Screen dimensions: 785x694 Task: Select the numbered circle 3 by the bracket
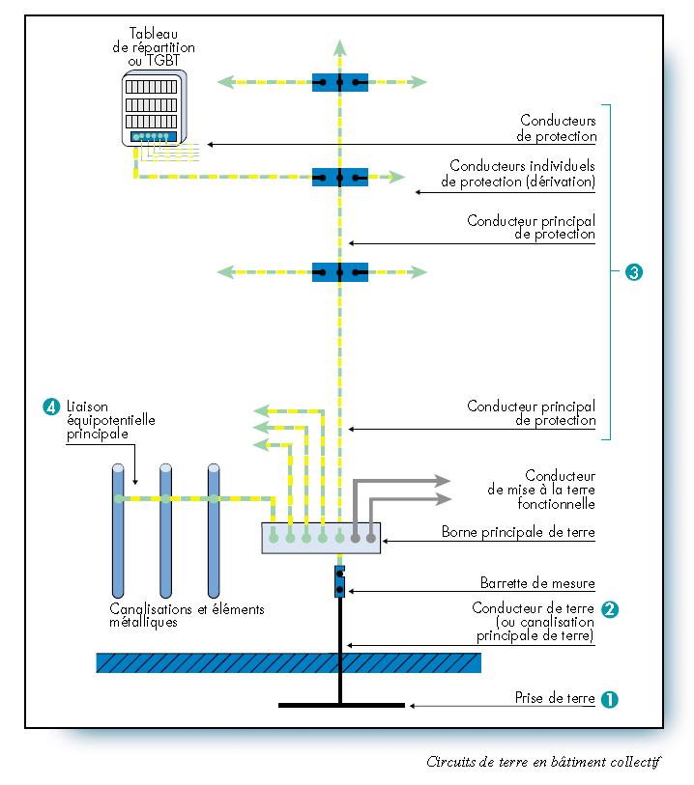pyautogui.click(x=634, y=272)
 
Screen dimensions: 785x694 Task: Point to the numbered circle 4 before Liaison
pyautogui.click(x=51, y=407)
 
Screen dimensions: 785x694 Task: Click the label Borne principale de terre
pyautogui.click(x=518, y=532)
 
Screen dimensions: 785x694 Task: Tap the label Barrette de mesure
pyautogui.click(x=537, y=583)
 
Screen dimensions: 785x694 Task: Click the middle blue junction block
pyautogui.click(x=340, y=177)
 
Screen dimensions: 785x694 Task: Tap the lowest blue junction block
pyautogui.click(x=340, y=272)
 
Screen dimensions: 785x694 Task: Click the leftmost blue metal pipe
pyautogui.click(x=117, y=531)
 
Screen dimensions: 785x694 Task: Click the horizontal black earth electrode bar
pyautogui.click(x=340, y=706)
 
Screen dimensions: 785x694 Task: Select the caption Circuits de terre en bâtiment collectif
pyautogui.click(x=543, y=761)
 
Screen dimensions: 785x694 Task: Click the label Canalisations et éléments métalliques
pyautogui.click(x=187, y=616)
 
